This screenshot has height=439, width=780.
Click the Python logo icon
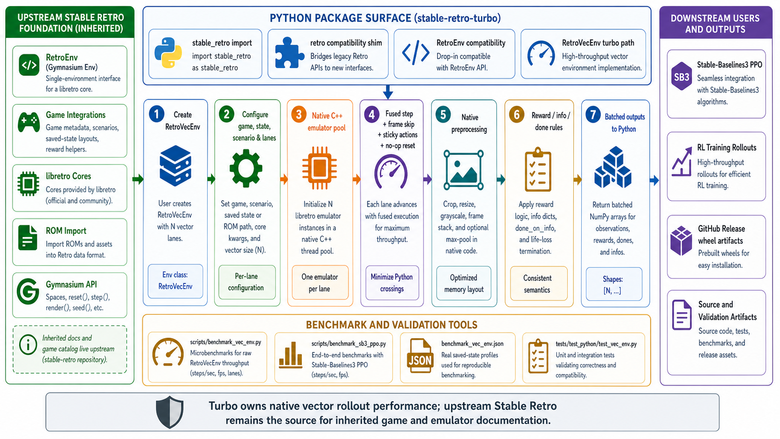coord(168,53)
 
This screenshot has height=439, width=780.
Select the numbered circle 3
coord(299,114)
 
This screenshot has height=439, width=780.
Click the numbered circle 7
coord(593,114)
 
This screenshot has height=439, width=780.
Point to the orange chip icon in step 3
coord(319,168)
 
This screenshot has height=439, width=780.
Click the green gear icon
coord(246,168)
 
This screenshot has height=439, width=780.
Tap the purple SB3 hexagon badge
coord(682,77)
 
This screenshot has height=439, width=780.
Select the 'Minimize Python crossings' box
coord(392,283)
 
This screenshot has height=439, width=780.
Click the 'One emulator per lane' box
coord(320,283)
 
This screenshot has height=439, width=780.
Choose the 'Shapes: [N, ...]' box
coord(614,284)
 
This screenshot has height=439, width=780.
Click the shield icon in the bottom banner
coord(170,412)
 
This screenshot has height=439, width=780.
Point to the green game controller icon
coord(29,122)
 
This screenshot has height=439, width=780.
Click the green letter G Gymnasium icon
coord(28,292)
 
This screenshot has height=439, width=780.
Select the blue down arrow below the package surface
coord(388,92)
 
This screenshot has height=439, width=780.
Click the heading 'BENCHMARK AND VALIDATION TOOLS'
coord(392,325)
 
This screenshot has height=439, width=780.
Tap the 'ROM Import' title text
coord(66,231)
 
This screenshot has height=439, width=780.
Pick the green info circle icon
coord(28,345)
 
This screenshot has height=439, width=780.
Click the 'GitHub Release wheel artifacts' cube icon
coord(682,241)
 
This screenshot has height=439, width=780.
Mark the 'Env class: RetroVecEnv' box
coord(175,281)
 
